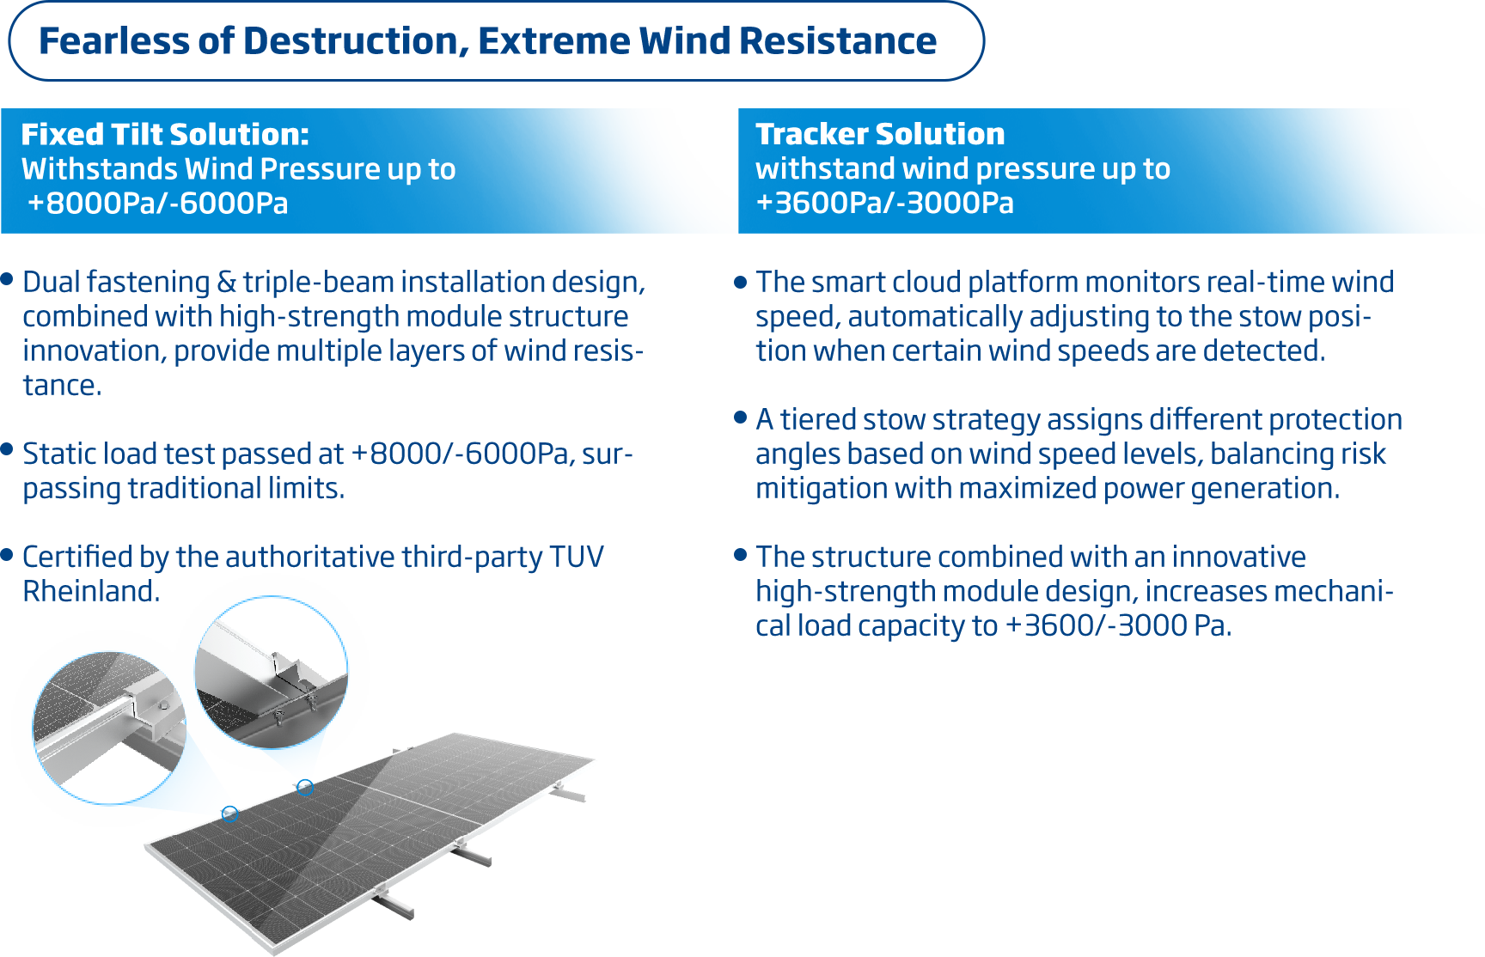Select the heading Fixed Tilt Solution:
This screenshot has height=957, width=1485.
coord(165,134)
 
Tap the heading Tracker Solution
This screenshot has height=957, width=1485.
coord(880,134)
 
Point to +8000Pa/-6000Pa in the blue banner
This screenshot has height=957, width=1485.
coord(158,204)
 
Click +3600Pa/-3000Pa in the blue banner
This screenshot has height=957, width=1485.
coord(884,203)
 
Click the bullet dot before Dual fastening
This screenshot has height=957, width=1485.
coord(7,279)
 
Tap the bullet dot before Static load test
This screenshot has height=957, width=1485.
coord(7,449)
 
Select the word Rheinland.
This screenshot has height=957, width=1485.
coord(90,591)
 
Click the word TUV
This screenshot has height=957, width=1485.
coord(577,557)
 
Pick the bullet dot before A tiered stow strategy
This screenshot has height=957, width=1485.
coord(741,418)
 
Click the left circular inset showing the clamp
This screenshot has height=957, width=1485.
coord(109,728)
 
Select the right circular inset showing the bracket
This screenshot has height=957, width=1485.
coord(272,672)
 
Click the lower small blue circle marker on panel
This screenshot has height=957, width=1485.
coord(229,814)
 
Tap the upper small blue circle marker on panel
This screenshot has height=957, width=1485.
coord(305,787)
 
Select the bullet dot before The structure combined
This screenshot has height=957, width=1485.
coord(741,555)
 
